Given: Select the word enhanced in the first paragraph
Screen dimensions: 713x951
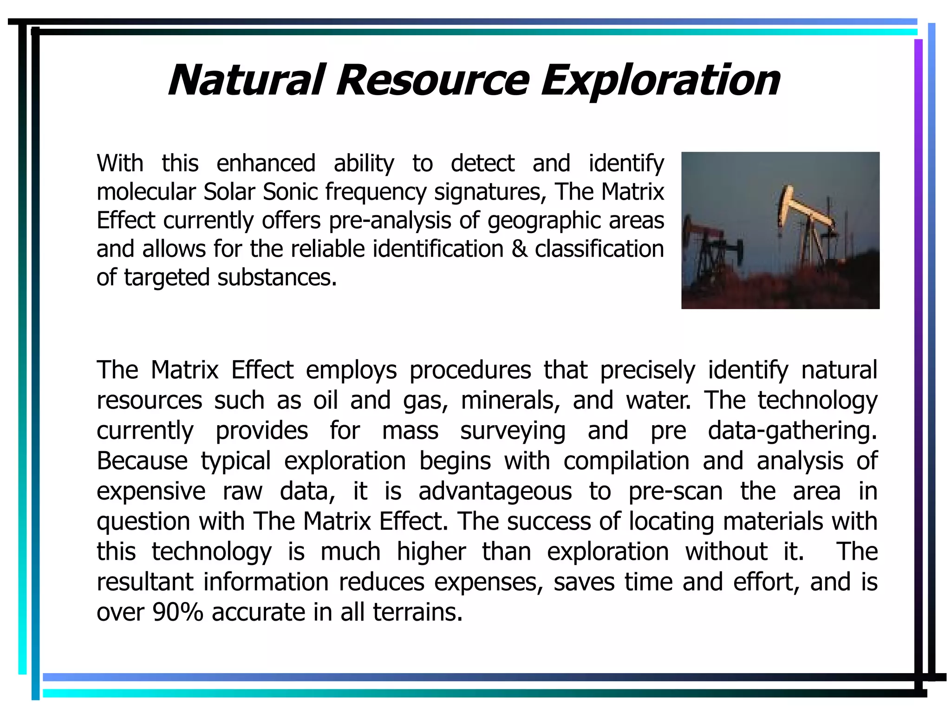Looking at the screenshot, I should pos(266,163).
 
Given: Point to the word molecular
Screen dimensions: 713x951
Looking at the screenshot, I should pos(145,192).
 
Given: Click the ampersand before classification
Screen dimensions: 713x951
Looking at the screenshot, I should pos(519,249).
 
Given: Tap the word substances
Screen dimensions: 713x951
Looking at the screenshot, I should pos(277,278).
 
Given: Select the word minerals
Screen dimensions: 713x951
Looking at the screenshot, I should pos(510,400).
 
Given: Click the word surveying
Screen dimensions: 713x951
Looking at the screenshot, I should pos(513,431).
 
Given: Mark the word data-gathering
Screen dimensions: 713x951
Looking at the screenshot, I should pos(792,431).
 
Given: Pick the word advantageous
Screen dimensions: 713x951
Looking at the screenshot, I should pos(495,492).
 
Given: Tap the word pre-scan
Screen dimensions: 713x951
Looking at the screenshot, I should pos(676,492).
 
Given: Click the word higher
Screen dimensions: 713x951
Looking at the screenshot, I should pos(431,552).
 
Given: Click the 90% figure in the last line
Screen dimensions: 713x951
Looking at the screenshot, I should pos(178,612).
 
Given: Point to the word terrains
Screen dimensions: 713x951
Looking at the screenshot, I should pos(417,612).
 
